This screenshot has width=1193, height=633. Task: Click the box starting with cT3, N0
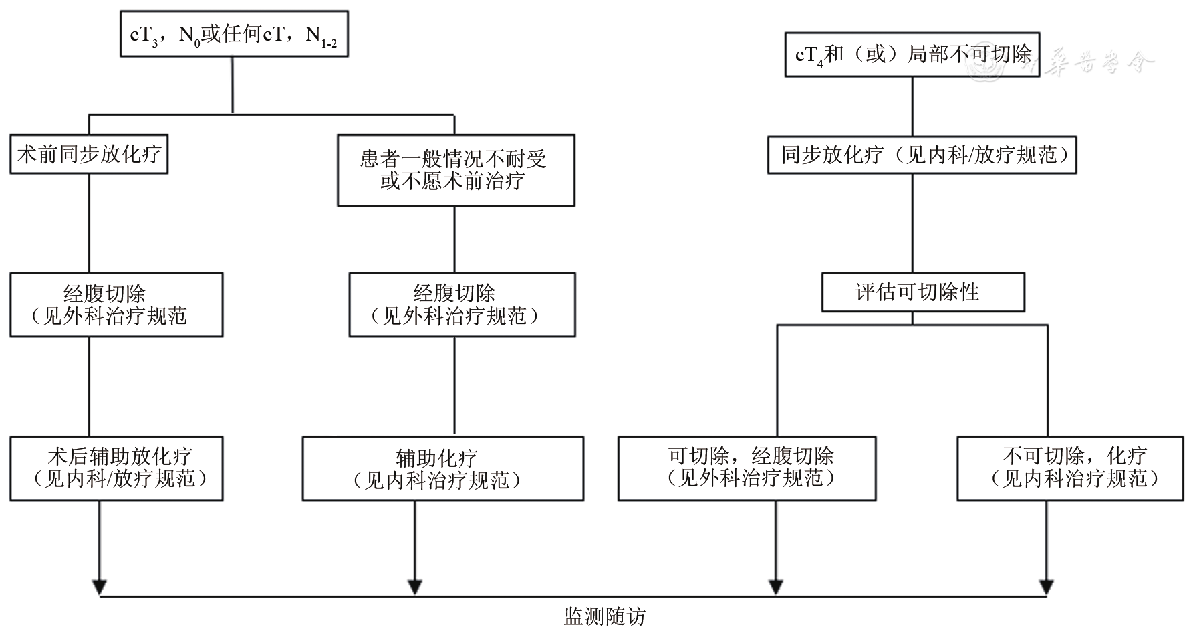tap(235, 33)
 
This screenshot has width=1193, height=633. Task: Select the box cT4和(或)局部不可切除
tap(912, 54)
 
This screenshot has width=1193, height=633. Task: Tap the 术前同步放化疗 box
tap(88, 155)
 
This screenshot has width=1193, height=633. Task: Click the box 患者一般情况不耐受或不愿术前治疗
tap(455, 170)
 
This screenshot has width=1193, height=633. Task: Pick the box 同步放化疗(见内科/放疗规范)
tap(922, 155)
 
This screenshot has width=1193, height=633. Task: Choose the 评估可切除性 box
tap(922, 292)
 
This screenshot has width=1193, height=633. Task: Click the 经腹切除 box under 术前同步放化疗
tap(116, 304)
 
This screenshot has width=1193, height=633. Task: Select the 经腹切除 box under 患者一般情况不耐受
tap(462, 304)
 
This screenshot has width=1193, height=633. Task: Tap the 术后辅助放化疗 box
tap(116, 468)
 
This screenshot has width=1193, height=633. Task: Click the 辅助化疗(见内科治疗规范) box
tap(442, 468)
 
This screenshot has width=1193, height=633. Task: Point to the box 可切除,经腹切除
tap(747, 468)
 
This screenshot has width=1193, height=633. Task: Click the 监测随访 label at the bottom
tap(605, 616)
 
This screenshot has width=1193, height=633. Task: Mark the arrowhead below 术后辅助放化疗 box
tap(99, 586)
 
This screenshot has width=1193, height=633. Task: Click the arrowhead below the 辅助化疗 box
tap(415, 586)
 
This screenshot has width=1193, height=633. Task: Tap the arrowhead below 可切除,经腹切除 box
tap(775, 586)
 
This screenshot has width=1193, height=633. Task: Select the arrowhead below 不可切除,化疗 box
tap(1046, 586)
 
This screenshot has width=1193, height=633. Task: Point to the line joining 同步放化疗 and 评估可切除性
tap(913, 223)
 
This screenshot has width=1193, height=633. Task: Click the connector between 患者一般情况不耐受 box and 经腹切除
tap(455, 239)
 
